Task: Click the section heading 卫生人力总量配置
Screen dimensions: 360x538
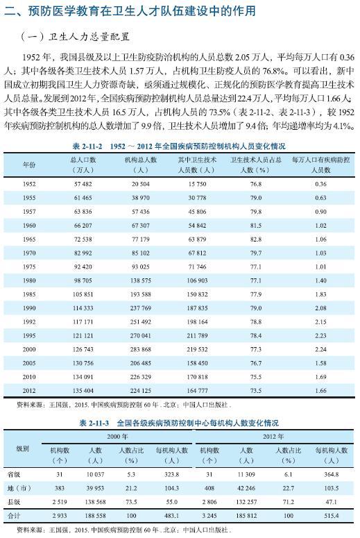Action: (94, 36)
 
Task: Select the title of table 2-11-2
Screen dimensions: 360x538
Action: (178, 146)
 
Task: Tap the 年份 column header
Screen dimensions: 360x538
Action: (29, 164)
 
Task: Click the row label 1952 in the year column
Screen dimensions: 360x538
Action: (29, 184)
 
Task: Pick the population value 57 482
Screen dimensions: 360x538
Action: (83, 184)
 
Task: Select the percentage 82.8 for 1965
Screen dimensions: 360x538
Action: (255, 239)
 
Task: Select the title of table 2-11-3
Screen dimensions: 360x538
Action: (178, 422)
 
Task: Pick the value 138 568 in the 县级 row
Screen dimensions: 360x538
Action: (96, 502)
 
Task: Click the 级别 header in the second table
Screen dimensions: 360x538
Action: (23, 448)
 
